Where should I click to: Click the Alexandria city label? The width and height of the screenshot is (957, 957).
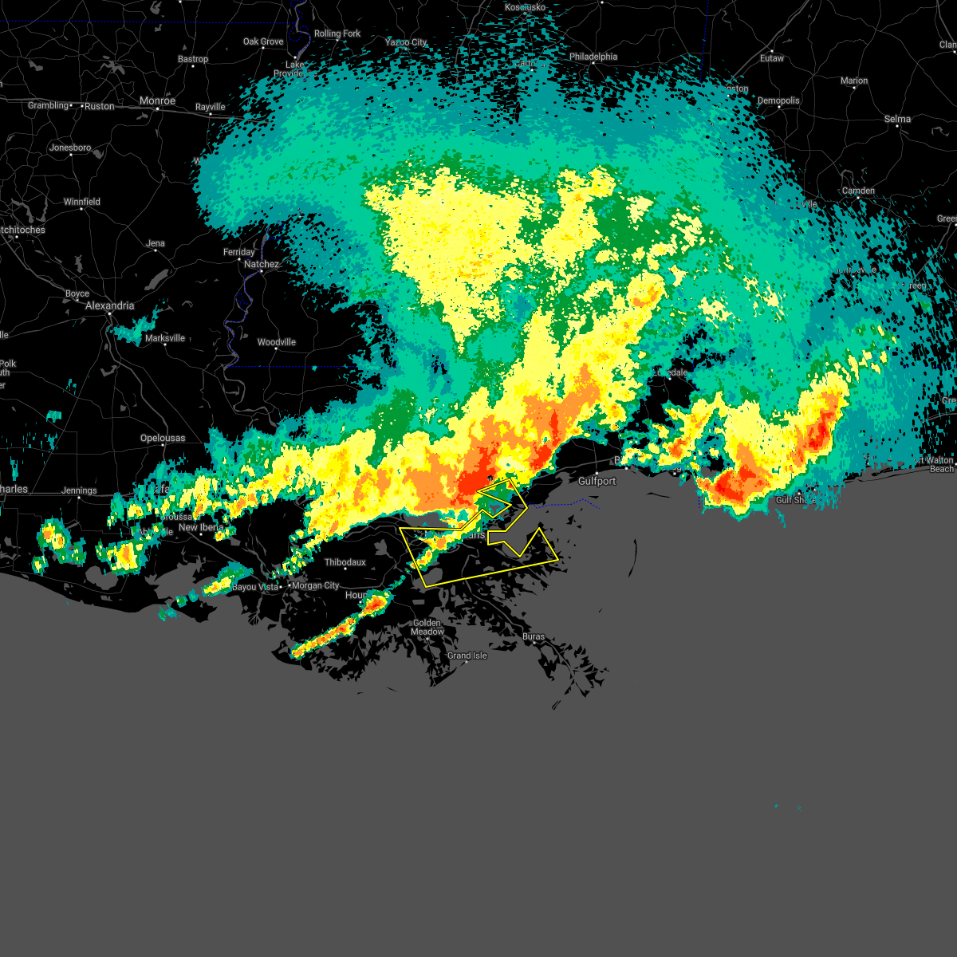110,305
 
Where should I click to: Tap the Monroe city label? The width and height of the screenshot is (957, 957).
157,101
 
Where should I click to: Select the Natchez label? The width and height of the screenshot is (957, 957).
262,264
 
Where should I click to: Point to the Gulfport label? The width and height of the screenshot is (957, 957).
597,481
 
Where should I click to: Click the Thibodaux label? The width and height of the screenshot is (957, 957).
345,562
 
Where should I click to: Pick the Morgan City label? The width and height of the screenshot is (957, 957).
315,585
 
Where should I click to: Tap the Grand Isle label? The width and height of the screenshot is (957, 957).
467,656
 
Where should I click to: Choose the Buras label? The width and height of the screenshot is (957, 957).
534,636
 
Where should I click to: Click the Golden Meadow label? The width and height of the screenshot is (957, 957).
427,627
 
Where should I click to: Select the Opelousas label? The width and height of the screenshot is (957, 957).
163,438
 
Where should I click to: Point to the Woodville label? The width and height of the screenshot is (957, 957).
276,342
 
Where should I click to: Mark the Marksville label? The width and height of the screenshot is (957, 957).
164,338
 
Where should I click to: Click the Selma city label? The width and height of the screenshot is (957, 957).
897,119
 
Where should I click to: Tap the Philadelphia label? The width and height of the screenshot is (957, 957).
593,57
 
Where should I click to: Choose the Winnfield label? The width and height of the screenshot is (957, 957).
82,202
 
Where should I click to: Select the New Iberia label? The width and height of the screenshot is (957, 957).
201,527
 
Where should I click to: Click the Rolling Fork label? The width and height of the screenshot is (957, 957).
337,33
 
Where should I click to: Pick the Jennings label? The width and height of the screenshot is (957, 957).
79,490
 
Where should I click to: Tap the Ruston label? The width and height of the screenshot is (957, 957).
100,106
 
